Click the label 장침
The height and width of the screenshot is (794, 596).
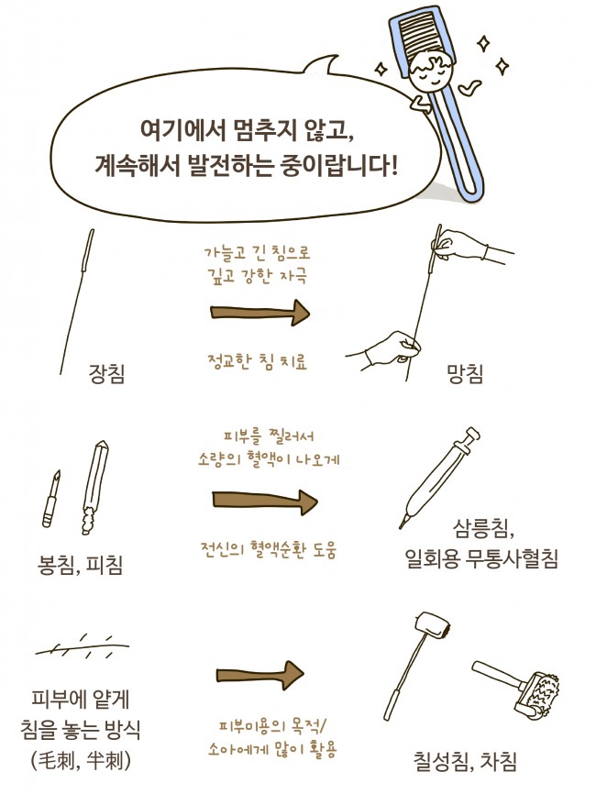click(x=106, y=374)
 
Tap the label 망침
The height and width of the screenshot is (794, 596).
click(x=465, y=374)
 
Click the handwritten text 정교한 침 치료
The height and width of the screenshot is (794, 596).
click(x=257, y=361)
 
